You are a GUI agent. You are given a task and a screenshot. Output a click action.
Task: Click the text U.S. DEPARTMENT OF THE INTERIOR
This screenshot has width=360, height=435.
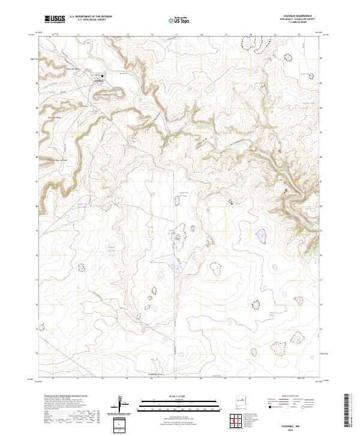tap(91, 17)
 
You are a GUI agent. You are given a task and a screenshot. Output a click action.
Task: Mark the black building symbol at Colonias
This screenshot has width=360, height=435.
tap(102, 76)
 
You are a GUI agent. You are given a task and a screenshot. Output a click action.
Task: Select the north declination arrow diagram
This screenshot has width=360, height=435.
tap(123, 404)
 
